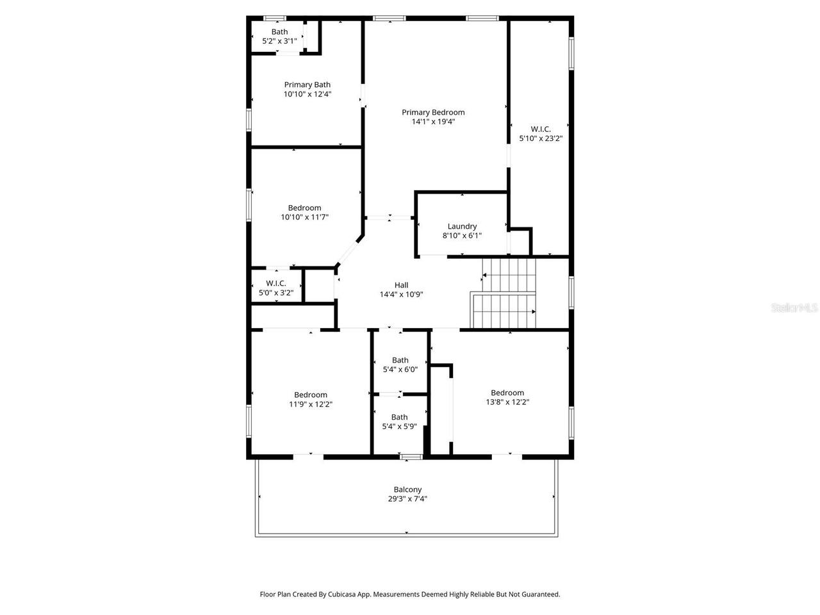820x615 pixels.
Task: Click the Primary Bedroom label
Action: coord(433,112)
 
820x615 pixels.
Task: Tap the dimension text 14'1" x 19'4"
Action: coord(433,122)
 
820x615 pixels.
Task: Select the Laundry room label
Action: coord(462,226)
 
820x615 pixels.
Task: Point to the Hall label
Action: coord(401,285)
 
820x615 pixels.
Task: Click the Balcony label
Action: coord(407,489)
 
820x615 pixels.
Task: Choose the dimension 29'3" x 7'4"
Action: coord(407,499)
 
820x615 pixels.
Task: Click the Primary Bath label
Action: coord(307,85)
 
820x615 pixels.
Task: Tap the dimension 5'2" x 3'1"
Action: coord(279,41)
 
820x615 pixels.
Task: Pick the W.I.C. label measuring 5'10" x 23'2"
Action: coord(541,129)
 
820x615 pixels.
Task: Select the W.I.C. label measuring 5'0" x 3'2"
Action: coord(276,283)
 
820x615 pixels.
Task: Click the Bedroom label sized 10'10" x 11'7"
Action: coord(304,208)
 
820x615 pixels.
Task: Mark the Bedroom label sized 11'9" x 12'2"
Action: coord(311,395)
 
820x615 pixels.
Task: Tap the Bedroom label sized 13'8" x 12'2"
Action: coord(507,393)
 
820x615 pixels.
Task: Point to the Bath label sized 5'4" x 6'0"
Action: coord(400,360)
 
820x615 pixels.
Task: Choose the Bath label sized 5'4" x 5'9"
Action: coord(399,417)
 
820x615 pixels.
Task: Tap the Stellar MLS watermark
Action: coord(794,308)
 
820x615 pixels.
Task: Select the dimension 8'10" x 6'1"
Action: coord(462,236)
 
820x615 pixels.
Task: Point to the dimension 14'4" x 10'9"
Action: coord(401,295)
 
